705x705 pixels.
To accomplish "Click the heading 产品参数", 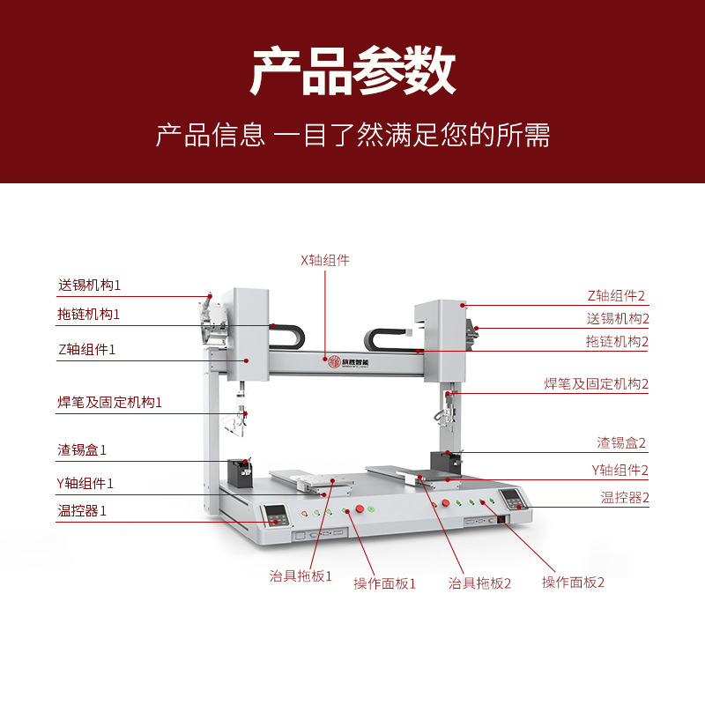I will coord(352,72).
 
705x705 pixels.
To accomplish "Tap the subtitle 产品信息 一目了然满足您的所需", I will coord(352,135).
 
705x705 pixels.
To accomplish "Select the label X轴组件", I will coord(325,260).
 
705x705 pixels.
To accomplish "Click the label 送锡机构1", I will coord(89,286).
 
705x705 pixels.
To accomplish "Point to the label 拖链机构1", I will coord(89,315).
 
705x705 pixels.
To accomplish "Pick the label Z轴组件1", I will coord(87,349).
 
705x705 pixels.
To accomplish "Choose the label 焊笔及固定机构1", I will coord(110,403).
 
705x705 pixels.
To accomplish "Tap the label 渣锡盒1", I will coord(82,450).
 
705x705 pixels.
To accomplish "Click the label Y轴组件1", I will coord(85,483).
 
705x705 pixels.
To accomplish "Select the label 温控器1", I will coord(82,511).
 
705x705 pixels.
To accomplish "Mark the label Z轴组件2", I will coord(617,295).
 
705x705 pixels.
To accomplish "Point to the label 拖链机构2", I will coord(617,341).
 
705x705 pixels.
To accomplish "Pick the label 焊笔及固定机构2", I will coord(596,384).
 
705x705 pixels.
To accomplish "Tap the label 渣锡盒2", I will coord(621,442).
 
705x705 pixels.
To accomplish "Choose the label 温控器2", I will coord(625,498).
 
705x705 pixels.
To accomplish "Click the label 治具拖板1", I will coord(301,576).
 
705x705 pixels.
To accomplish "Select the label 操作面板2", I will coord(573,583).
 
